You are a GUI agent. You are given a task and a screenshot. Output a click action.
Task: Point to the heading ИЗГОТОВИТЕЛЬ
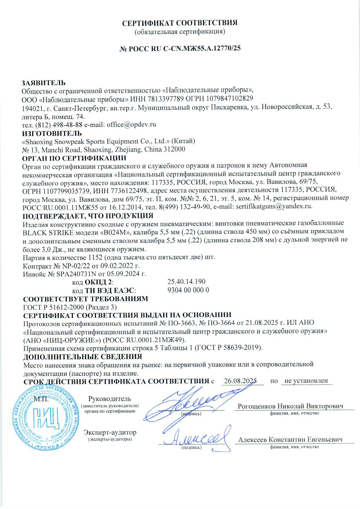tap(52, 133)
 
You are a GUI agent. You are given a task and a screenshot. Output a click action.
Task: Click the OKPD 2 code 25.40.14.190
tap(186, 281)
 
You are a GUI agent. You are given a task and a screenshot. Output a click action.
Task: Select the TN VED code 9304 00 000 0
tap(188, 290)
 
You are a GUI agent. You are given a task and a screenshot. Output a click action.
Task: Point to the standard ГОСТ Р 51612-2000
tap(51, 307)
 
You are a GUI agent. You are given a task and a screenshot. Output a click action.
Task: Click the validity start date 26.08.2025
tap(242, 381)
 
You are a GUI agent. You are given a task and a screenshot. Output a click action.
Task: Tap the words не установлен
tap(306, 381)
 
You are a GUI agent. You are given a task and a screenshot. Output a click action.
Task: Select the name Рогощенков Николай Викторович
tap(291, 406)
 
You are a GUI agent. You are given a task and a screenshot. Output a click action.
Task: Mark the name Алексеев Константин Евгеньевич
tap(290, 440)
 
